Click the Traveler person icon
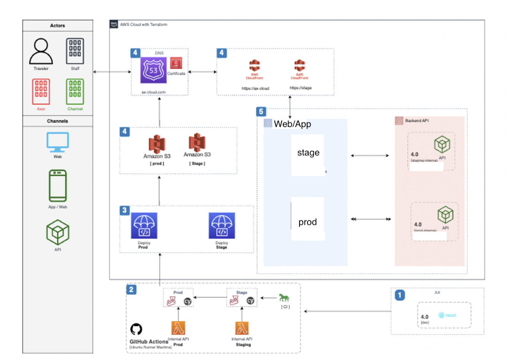point(41,51)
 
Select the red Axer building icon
point(41,92)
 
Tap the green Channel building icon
point(75,92)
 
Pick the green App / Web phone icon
point(58,186)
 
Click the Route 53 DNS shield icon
point(153,70)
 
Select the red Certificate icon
point(176,63)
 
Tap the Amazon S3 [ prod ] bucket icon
point(157,144)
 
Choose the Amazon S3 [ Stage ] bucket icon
point(197,142)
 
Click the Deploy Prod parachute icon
point(144,226)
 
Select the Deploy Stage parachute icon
point(222,226)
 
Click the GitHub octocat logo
point(136,329)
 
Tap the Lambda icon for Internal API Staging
point(242,328)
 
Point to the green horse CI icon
point(284,298)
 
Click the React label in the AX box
point(451,315)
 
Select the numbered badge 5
point(261,112)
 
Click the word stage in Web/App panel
point(308,153)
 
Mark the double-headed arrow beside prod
point(371,219)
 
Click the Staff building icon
point(75,51)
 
